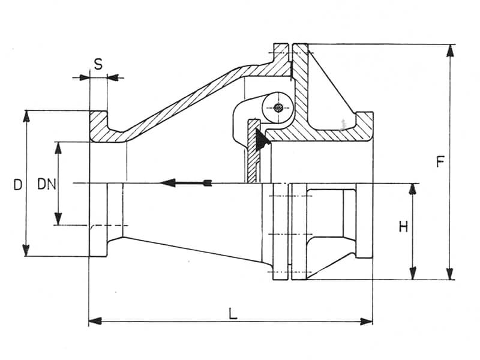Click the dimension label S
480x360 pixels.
[x=98, y=62]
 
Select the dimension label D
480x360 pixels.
[x=18, y=184]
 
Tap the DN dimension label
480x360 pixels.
[x=46, y=184]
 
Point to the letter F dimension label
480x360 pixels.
[x=440, y=162]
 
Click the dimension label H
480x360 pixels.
[x=403, y=226]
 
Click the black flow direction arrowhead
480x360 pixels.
[x=168, y=182]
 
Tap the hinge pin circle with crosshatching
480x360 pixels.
[x=277, y=108]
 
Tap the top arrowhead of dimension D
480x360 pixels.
[x=26, y=116]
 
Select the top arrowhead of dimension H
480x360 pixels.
[x=412, y=189]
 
